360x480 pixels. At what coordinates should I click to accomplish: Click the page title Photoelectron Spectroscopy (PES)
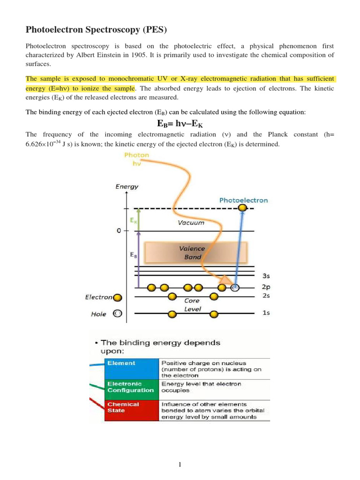coord(96,30)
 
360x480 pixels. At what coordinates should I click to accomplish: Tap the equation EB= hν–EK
coord(180,124)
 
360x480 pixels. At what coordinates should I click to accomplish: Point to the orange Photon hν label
coord(137,159)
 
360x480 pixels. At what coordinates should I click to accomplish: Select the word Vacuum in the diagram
coord(191,223)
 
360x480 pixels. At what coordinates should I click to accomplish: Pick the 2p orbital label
coord(265,287)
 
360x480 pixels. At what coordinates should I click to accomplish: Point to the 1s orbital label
coord(265,313)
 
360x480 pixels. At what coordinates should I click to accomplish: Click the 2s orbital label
coord(265,296)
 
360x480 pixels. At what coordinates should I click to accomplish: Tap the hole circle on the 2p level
coord(235,287)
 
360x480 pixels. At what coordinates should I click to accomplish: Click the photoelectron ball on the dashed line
coord(242,208)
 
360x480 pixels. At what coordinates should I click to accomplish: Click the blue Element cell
coord(121,363)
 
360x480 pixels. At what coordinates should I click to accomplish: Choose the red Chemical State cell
coord(123,407)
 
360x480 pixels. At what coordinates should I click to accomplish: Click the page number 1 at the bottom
coord(180,465)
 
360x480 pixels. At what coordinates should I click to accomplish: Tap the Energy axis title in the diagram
coord(127,186)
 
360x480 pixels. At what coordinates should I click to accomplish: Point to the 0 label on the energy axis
coord(119,231)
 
